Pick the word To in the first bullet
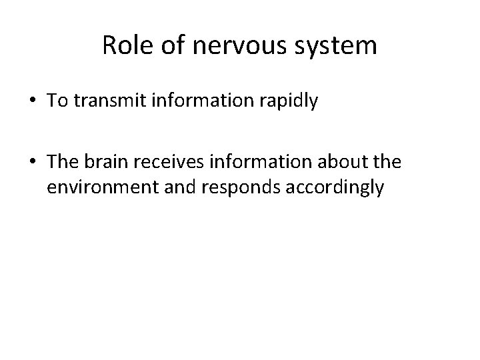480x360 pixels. point(56,101)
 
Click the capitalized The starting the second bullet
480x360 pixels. point(62,163)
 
